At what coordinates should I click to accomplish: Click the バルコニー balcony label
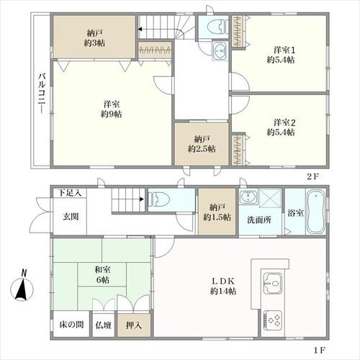42,93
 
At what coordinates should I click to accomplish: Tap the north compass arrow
22,289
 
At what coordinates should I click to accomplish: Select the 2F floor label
313,177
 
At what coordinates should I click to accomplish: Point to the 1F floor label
320,350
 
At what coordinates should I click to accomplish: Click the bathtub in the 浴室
316,211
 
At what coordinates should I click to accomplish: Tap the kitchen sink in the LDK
272,283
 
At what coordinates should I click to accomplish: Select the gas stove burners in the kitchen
273,320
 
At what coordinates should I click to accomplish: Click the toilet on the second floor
217,27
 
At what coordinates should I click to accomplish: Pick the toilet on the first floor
159,199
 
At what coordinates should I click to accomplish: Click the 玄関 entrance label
71,217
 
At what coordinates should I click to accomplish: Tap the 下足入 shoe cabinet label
70,193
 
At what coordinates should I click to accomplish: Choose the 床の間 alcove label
71,325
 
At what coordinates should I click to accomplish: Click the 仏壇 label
103,325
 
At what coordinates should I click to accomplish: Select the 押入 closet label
134,325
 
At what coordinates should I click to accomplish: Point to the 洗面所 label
259,220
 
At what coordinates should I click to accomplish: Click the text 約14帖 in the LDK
223,291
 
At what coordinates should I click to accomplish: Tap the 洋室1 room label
284,50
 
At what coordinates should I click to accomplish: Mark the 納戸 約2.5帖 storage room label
202,144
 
